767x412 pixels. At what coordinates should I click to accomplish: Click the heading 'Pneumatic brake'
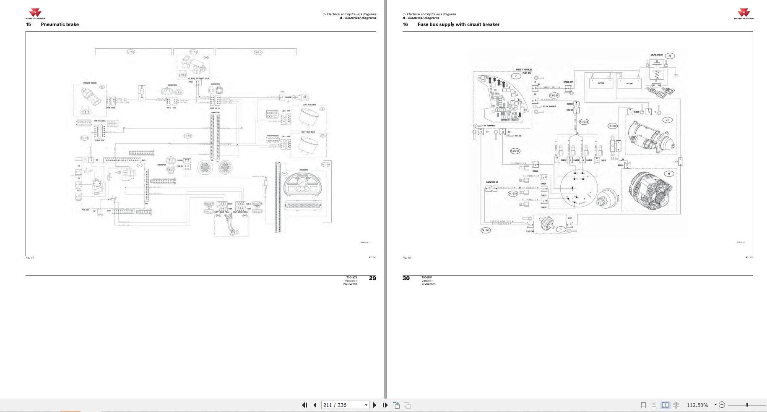[60, 24]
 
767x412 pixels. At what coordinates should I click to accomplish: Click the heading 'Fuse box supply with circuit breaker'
[458, 24]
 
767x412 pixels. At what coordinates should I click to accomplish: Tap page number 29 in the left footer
[372, 278]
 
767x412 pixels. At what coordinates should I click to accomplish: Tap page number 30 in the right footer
[406, 278]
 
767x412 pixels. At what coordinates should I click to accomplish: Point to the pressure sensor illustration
[91, 99]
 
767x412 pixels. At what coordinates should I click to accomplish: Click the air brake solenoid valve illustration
[191, 65]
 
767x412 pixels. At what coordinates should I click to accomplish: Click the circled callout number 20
[670, 56]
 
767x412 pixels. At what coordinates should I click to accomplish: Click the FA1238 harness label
[584, 122]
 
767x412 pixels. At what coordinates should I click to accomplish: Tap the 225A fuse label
[614, 159]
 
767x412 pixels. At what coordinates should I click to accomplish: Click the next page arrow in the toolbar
[374, 405]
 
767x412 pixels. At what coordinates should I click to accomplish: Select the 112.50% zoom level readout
[697, 405]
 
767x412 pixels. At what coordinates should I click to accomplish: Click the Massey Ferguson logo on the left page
[35, 14]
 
